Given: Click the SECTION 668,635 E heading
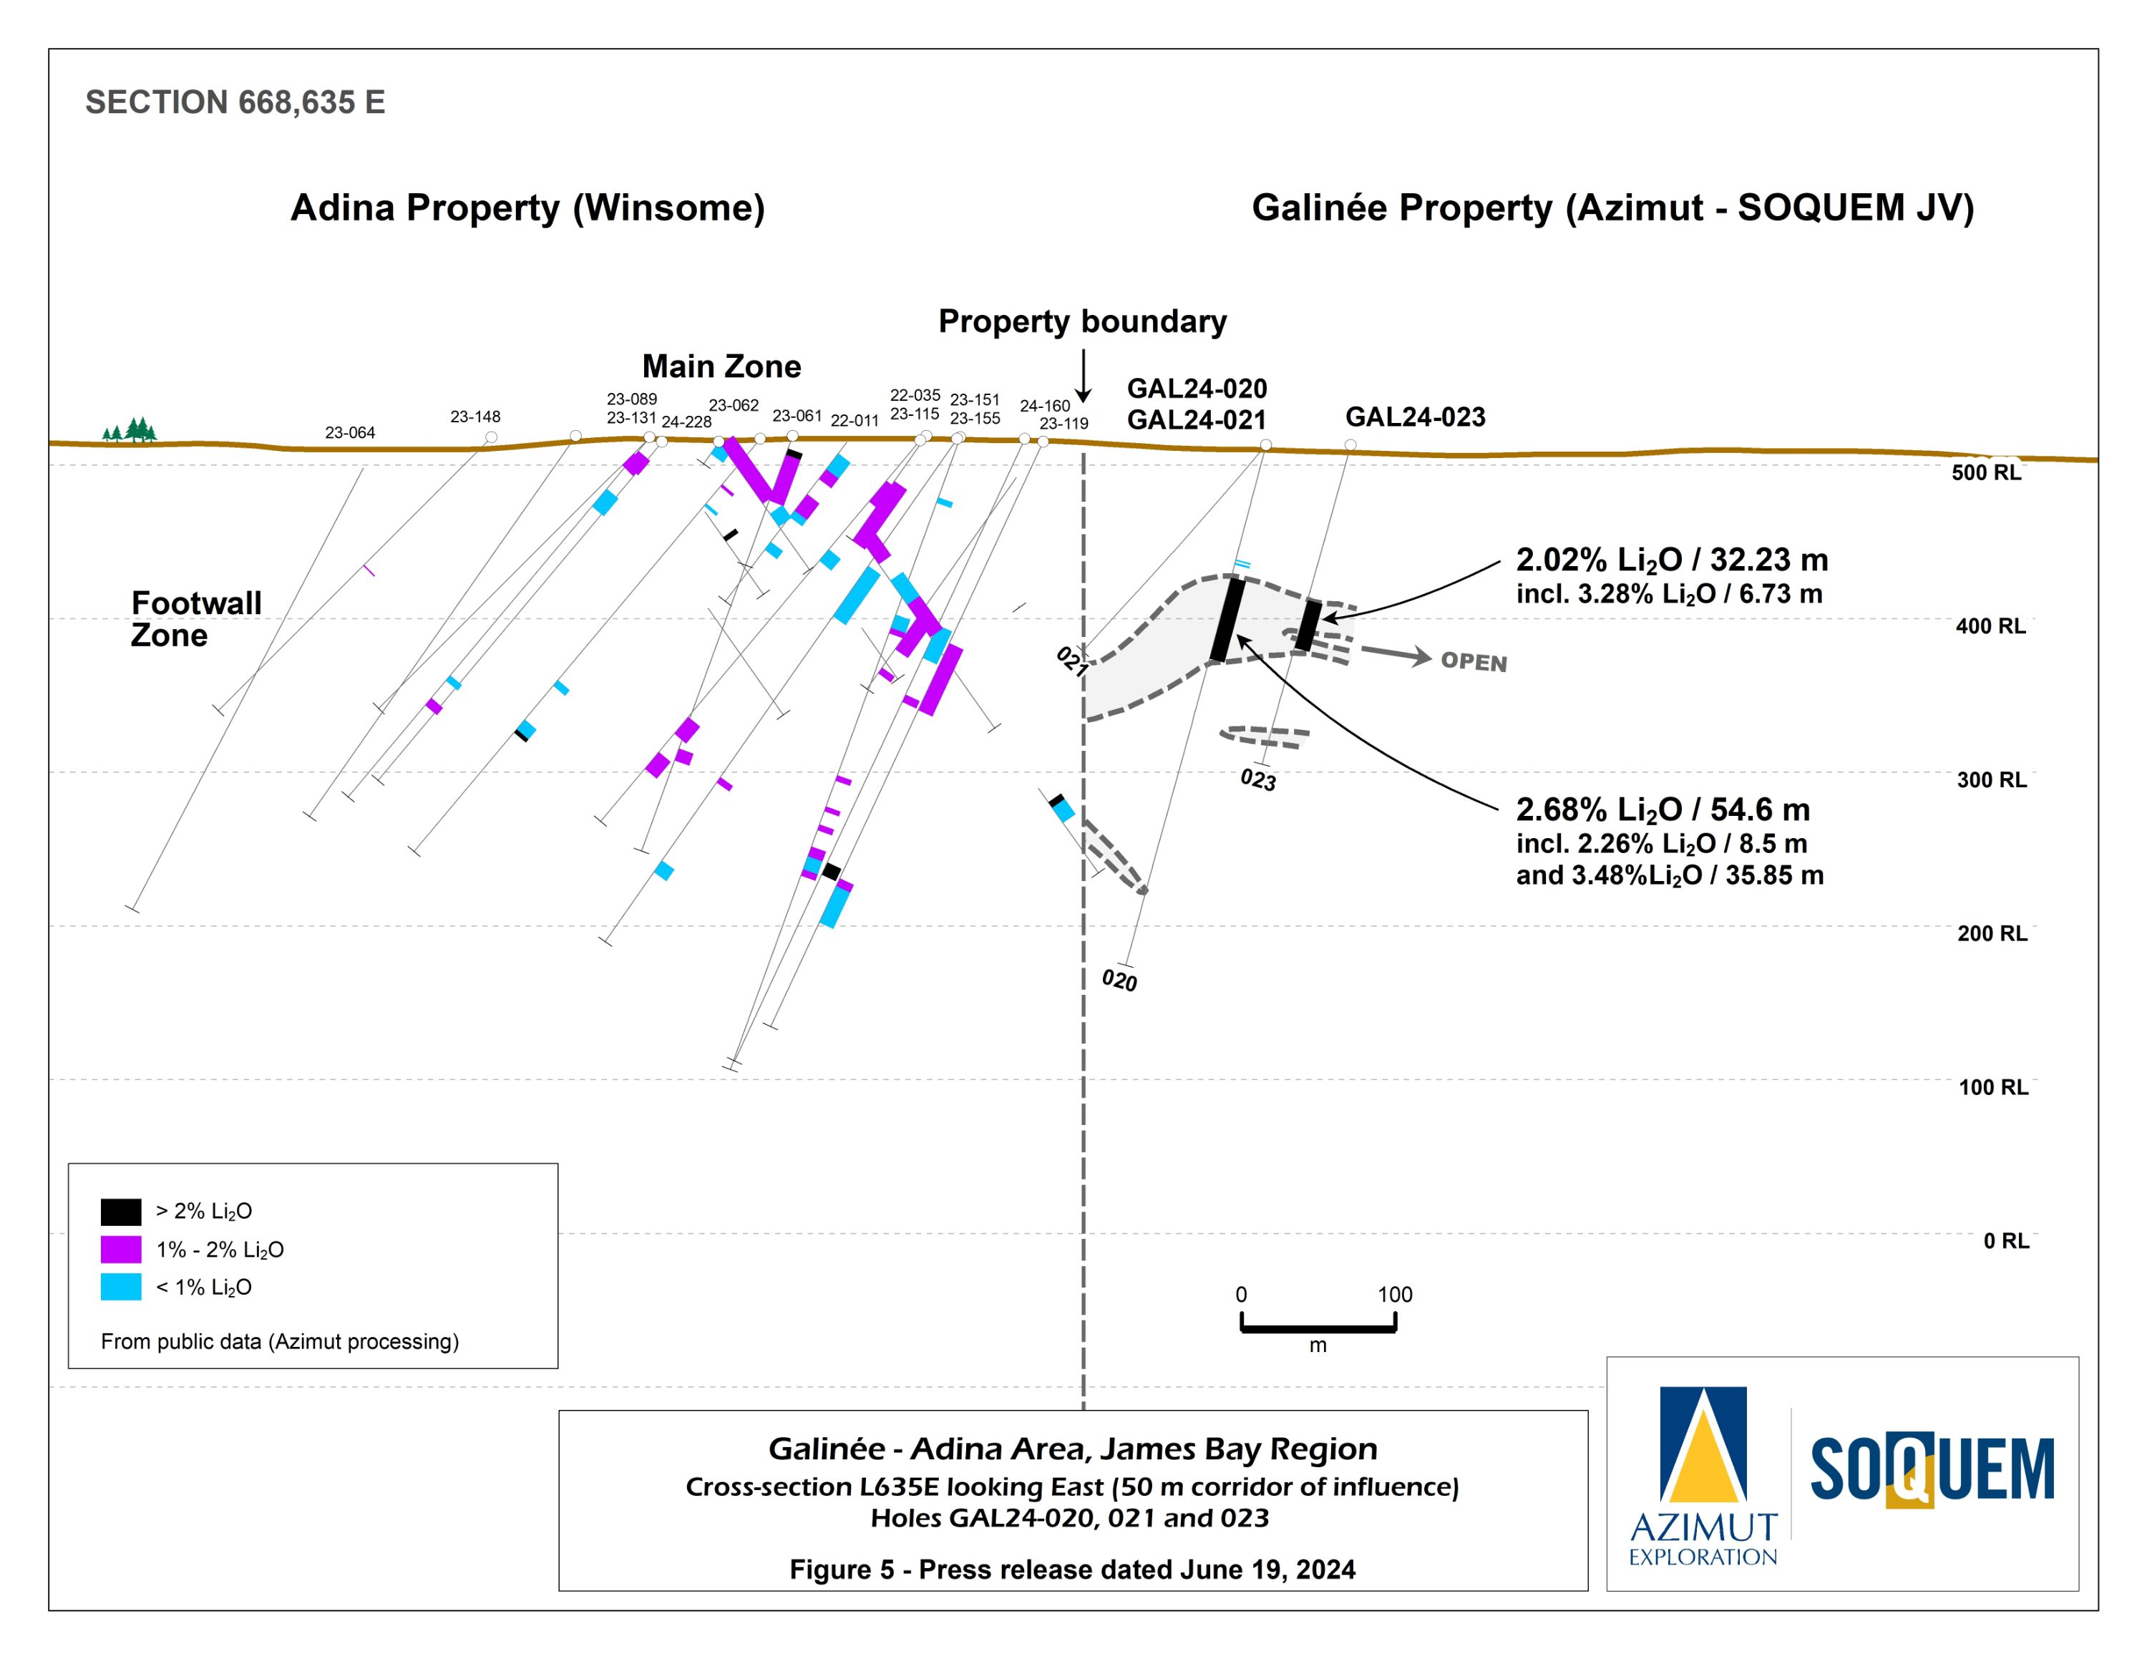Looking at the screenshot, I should (x=235, y=102).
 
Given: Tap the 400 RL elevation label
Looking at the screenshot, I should (x=1990, y=626).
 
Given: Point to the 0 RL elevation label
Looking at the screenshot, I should (x=2005, y=1240).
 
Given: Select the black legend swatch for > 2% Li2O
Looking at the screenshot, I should (x=121, y=1211).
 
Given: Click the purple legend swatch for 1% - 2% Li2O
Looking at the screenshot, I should (x=121, y=1249).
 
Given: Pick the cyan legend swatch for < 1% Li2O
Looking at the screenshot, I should (x=121, y=1287).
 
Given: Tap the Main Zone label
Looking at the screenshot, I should (x=721, y=366).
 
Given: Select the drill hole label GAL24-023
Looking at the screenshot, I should (x=1415, y=417).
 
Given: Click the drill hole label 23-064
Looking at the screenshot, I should (x=350, y=432).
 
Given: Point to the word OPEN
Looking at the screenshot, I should (x=1473, y=661).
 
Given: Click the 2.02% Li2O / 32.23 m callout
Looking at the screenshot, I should (x=1671, y=560).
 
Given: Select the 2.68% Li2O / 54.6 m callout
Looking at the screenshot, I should (x=1662, y=810).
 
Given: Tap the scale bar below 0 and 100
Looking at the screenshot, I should (x=1318, y=1329).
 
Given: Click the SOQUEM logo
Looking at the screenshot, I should (x=1932, y=1470).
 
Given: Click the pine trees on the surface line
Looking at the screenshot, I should (x=130, y=430).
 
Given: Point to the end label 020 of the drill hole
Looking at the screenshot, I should (x=1119, y=980).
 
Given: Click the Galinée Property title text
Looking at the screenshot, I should (x=1612, y=208).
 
